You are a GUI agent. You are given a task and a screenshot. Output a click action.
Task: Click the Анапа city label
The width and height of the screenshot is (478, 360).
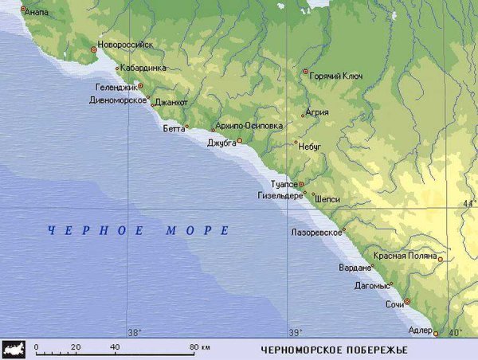pos(37,12)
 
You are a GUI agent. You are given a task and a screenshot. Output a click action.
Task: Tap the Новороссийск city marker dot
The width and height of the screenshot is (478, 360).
pos(94,49)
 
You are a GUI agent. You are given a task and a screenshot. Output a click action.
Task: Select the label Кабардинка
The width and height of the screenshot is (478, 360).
pos(143,68)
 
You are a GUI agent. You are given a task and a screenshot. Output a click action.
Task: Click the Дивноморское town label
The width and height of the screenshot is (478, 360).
pos(117,100)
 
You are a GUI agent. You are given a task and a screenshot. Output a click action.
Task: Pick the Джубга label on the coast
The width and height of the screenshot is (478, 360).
pos(221,143)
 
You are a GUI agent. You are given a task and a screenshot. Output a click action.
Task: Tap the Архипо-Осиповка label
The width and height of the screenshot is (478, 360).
pos(249,126)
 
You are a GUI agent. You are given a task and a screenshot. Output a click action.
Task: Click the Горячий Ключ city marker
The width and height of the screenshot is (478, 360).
pos(305,72)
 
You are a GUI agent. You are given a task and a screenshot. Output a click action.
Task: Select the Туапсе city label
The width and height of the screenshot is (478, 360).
pos(284,184)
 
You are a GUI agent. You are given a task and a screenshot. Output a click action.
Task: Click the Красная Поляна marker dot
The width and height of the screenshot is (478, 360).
pos(441,259)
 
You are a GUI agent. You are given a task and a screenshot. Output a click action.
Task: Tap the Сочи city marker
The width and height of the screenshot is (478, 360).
pos(407,302)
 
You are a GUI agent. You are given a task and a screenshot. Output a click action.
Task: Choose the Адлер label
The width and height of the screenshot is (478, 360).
pos(419,329)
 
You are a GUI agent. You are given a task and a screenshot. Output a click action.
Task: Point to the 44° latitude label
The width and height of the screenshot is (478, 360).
pos(469,205)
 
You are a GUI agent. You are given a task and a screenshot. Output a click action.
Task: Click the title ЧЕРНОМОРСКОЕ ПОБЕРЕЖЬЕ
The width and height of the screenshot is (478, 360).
pos(334,350)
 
